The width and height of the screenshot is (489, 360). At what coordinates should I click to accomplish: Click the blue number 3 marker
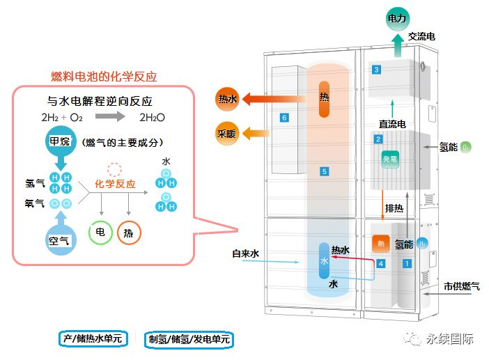coord(376,70)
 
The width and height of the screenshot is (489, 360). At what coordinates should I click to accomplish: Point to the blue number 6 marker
coord(284,118)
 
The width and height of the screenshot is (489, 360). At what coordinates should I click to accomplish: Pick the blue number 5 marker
coord(324,171)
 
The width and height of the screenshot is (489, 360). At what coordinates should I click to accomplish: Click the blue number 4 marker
coord(380,264)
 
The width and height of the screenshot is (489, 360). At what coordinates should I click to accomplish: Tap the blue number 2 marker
coord(378,139)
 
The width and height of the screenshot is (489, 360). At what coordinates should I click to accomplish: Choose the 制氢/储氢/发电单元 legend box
coord(188,339)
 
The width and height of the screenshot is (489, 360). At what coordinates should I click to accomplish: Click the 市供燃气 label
coord(461,286)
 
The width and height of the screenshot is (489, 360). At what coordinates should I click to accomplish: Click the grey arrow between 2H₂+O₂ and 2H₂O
coord(110,116)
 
